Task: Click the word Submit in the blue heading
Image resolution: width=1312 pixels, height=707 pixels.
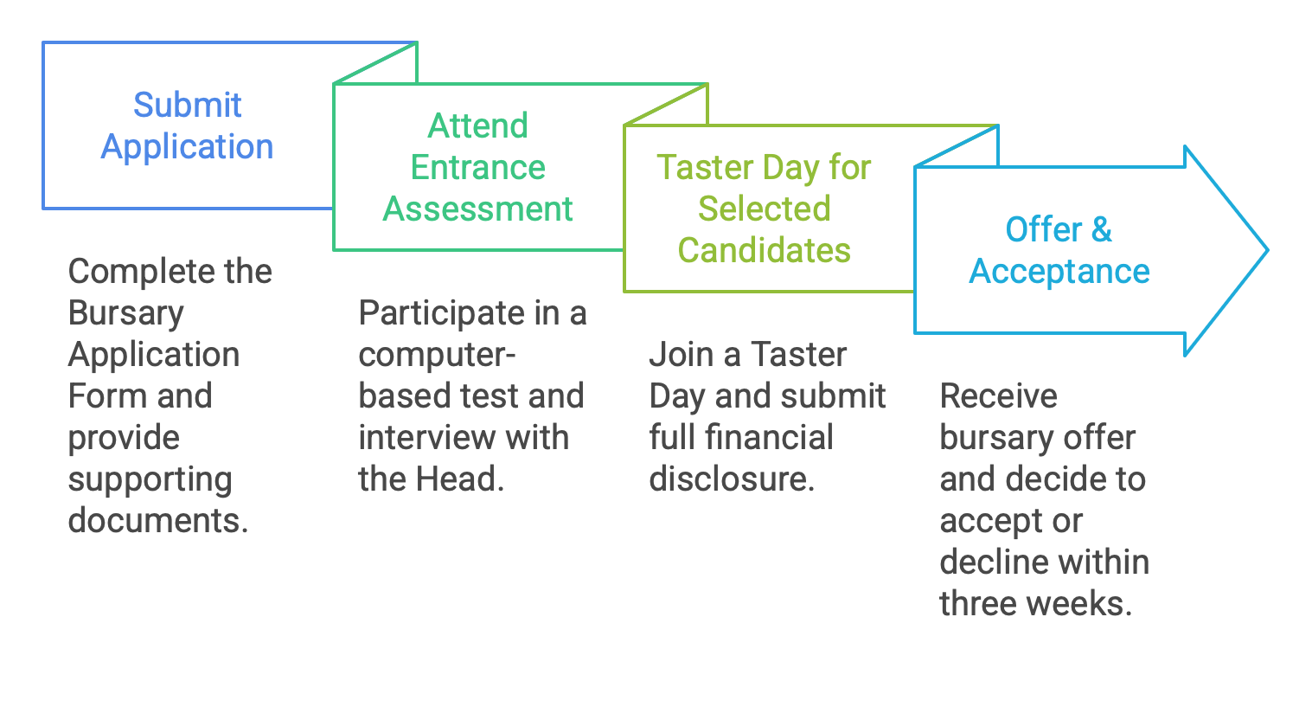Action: tap(187, 105)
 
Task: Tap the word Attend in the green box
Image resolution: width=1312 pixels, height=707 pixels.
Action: tap(477, 125)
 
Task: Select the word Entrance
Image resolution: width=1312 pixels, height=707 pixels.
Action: tap(477, 167)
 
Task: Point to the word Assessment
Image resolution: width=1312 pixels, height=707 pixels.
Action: tap(477, 209)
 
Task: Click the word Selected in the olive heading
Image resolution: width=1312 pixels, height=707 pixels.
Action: tap(764, 209)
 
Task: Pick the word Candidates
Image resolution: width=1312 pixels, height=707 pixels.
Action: tap(764, 250)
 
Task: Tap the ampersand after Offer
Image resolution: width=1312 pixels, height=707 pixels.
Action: tap(1101, 229)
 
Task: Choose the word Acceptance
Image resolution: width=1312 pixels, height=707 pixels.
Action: tap(1059, 272)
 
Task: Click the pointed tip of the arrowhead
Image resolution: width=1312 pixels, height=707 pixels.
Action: tap(1268, 250)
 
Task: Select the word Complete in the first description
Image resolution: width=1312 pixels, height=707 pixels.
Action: tap(138, 272)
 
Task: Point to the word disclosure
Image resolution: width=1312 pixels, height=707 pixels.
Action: tap(732, 479)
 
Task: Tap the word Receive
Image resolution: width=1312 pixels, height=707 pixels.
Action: tap(999, 396)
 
